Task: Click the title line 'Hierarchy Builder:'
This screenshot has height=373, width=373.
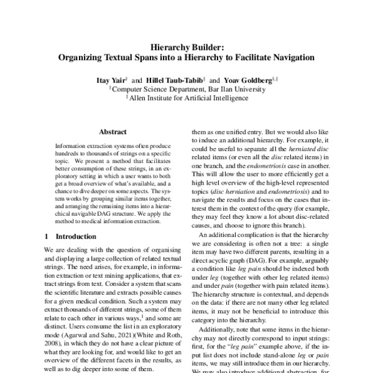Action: pyautogui.click(x=186, y=46)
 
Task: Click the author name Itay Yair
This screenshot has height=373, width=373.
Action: pyautogui.click(x=110, y=81)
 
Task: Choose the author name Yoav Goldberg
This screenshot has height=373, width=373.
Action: pyautogui.click(x=247, y=81)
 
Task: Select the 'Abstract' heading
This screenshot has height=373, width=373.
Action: pyautogui.click(x=113, y=132)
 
